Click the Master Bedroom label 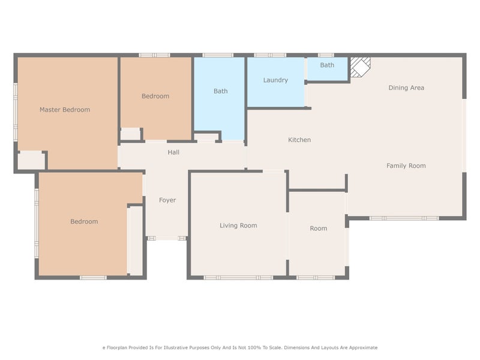(x=65, y=110)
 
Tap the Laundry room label (x=275, y=80)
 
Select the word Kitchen (x=299, y=140)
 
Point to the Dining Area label (x=406, y=88)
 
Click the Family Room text (x=406, y=166)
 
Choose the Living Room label (x=238, y=226)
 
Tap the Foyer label (x=167, y=200)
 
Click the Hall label (x=173, y=152)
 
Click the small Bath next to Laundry (x=327, y=65)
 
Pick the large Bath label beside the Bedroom (x=220, y=91)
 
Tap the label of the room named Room (x=319, y=229)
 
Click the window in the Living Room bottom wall (x=238, y=278)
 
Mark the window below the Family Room (x=404, y=218)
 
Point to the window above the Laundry (x=270, y=55)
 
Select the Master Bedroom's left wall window (x=16, y=112)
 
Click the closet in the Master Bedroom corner (x=31, y=160)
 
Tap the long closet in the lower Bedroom (x=135, y=241)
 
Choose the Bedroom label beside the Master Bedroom (x=155, y=96)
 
